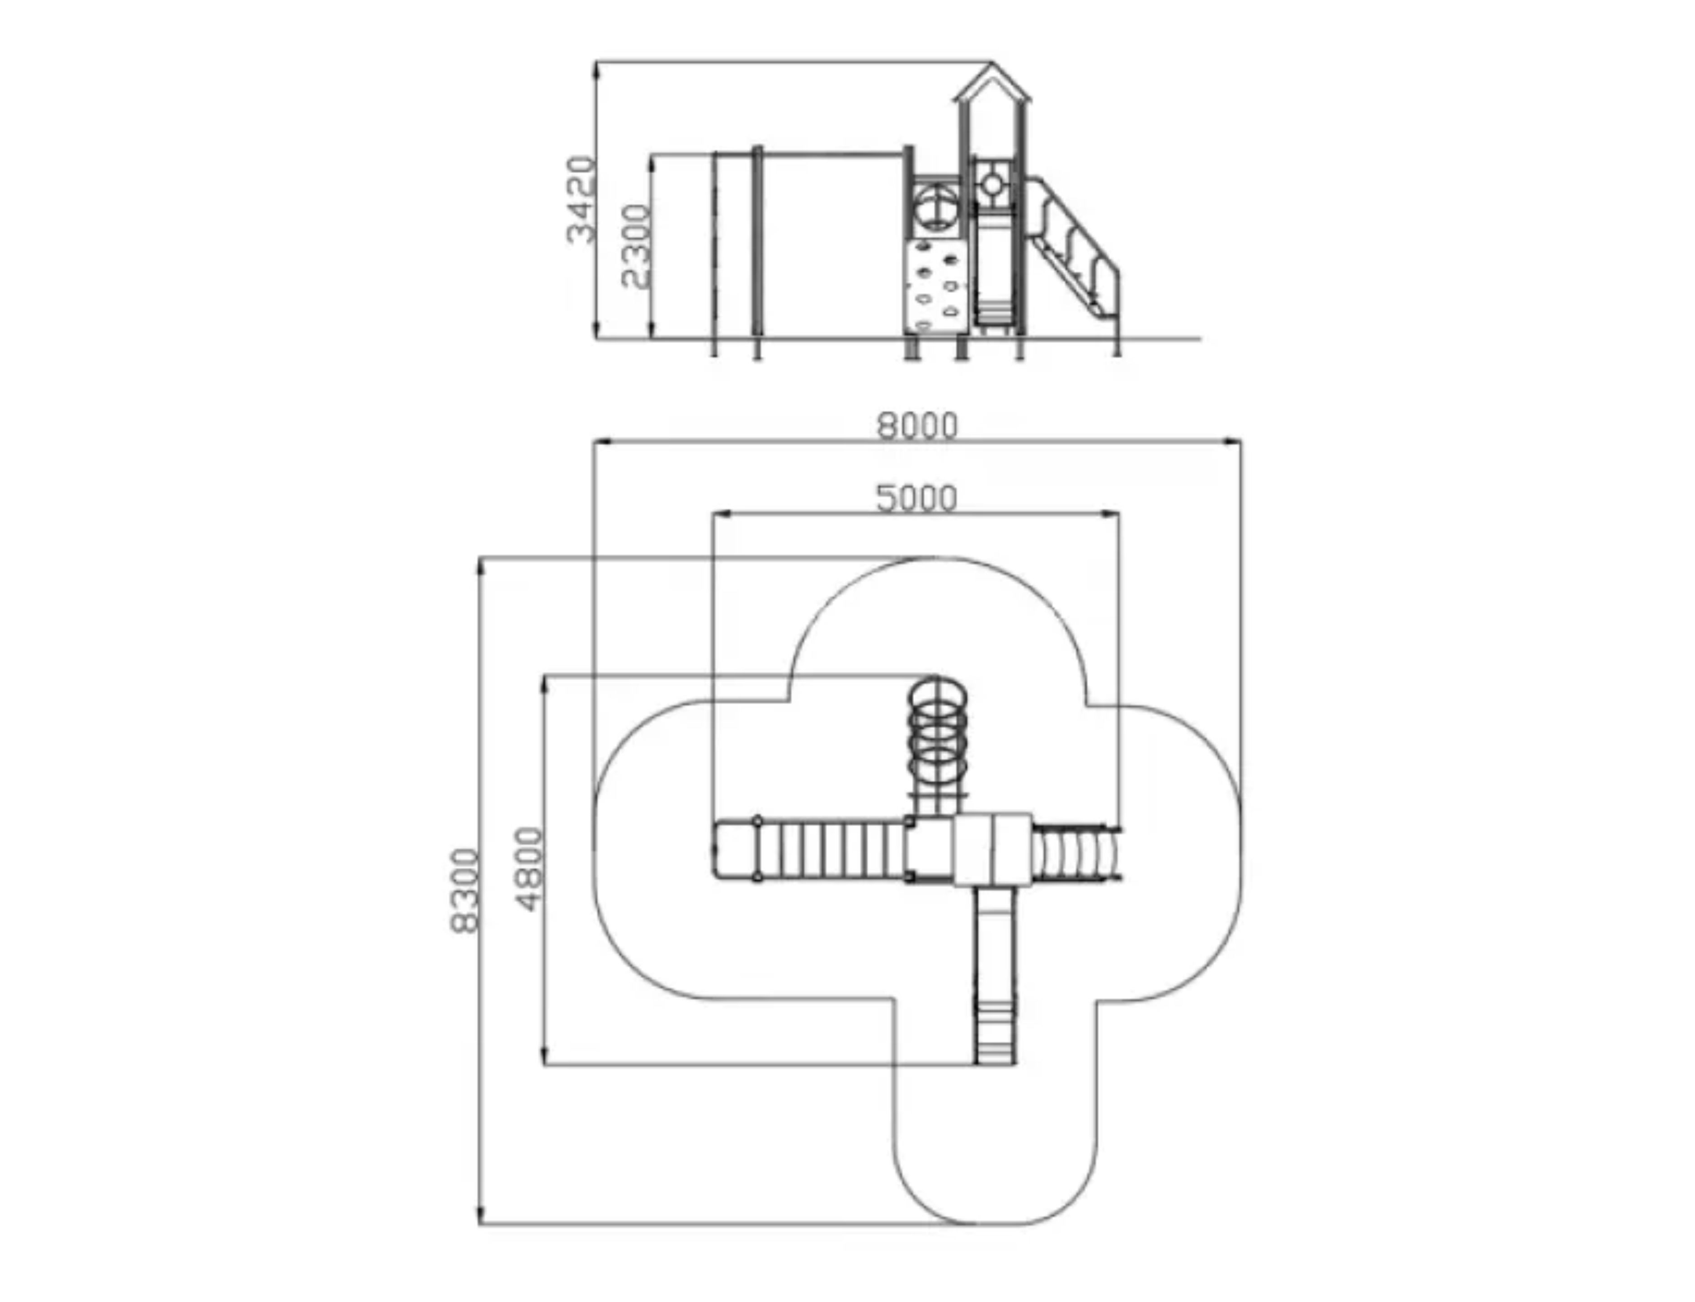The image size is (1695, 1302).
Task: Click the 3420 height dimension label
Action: (581, 199)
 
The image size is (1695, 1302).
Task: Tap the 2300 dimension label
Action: (635, 246)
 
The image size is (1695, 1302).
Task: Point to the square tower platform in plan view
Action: (992, 849)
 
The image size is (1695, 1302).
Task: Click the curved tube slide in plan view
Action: (1077, 852)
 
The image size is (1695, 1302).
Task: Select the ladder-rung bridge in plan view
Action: (831, 850)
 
